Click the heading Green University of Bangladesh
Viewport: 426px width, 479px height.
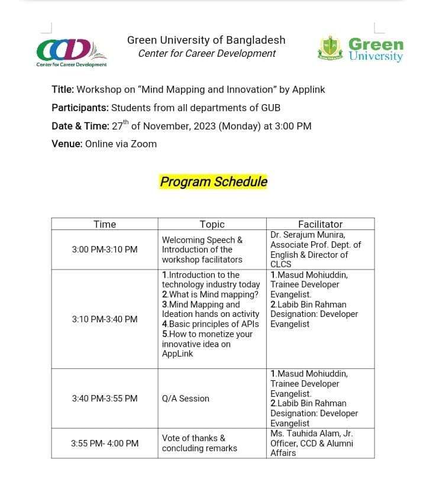click(206, 40)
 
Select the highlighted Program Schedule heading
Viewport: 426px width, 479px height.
click(214, 182)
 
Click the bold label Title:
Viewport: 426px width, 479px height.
click(63, 90)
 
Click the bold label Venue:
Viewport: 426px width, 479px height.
click(67, 144)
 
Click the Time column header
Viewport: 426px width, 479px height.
click(105, 224)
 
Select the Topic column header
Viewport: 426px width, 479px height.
click(212, 224)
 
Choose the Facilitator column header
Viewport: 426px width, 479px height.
click(320, 224)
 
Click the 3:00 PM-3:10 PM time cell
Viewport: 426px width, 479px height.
click(105, 250)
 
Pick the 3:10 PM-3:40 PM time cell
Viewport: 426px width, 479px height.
click(105, 319)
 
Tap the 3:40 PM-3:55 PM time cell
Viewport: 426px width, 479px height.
click(105, 399)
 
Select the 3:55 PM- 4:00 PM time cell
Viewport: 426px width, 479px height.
click(105, 443)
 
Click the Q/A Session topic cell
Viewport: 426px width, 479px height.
click(186, 399)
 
